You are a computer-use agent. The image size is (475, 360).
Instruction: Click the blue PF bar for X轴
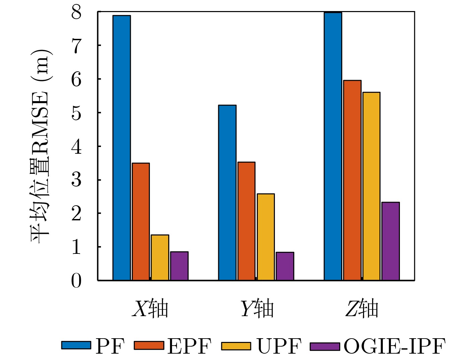click(122, 148)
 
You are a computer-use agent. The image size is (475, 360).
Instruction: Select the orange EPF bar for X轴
click(141, 221)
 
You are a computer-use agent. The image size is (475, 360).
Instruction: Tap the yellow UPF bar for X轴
click(160, 257)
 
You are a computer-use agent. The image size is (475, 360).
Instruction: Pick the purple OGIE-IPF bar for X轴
click(179, 266)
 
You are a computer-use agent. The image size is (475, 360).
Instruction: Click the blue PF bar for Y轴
click(227, 193)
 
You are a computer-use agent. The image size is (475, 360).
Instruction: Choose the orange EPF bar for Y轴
click(246, 221)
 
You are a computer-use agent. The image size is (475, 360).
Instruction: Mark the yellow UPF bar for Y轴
click(266, 237)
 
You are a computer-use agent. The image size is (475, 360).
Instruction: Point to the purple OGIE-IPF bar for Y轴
click(285, 266)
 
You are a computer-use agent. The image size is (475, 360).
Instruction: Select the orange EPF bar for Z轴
click(352, 180)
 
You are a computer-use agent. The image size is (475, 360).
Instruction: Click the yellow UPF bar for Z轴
click(371, 186)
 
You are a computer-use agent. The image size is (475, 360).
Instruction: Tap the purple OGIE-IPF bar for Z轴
click(391, 241)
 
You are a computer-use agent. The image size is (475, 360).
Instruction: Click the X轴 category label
click(150, 308)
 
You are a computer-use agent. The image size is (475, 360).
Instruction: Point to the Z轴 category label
click(362, 308)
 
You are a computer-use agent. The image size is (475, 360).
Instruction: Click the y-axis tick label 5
click(76, 113)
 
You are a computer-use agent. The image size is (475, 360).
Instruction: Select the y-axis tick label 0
click(76, 281)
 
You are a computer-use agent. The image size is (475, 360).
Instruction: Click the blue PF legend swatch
click(76, 345)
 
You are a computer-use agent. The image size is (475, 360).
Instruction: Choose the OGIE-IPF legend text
click(395, 346)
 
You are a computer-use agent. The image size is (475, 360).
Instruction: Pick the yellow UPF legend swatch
click(236, 345)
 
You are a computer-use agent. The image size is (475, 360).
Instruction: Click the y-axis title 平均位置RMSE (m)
click(41, 146)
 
